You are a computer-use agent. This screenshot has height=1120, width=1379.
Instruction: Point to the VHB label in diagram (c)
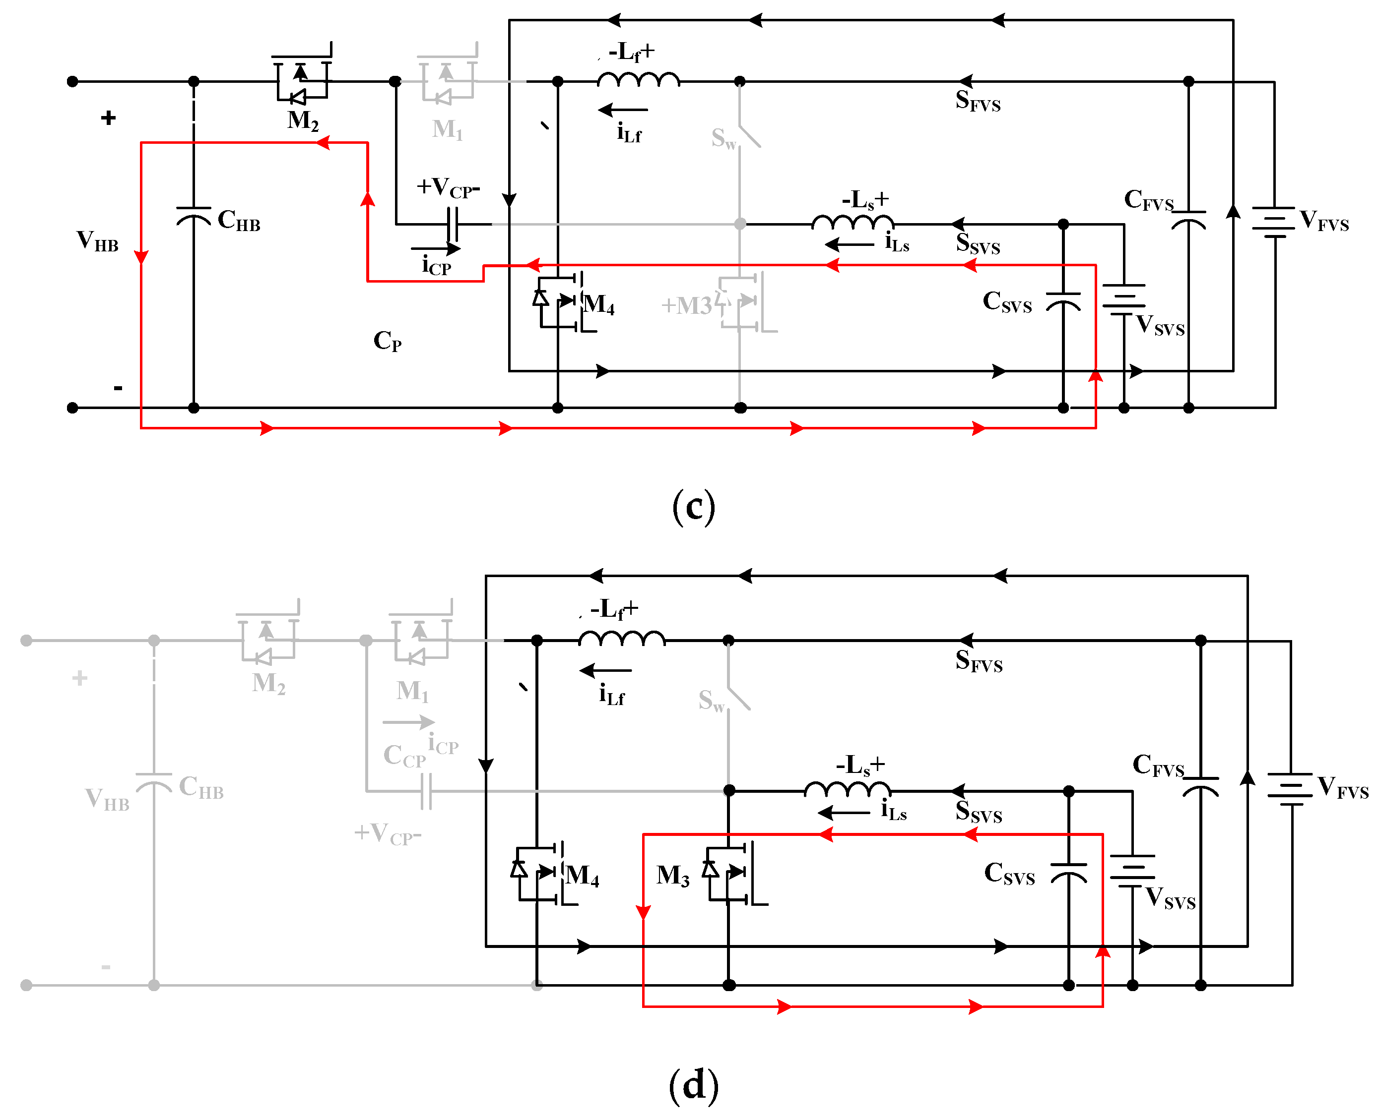click(97, 240)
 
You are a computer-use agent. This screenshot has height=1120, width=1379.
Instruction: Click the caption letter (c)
click(693, 506)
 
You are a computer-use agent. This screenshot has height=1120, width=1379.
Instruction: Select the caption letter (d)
click(693, 1085)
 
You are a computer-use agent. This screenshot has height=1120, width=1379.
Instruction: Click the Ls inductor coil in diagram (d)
click(847, 789)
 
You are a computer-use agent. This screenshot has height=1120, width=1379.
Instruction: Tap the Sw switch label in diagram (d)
click(711, 700)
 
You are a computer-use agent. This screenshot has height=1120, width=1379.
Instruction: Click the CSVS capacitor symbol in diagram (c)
click(1062, 301)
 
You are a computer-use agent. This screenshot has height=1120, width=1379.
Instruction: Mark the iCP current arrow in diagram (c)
click(436, 248)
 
